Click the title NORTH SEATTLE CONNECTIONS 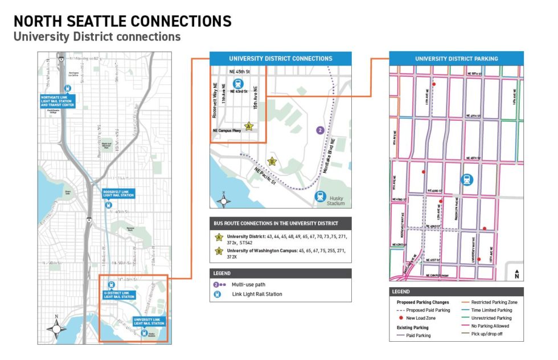pos(122,22)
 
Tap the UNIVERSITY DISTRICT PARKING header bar pos(456,59)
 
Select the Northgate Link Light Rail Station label pos(58,101)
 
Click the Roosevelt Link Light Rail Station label pos(118,193)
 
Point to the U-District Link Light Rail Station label pos(119,294)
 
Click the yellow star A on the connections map pos(248,126)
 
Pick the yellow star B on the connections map pos(272,161)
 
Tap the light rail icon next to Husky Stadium pos(321,196)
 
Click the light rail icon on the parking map pos(467,179)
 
